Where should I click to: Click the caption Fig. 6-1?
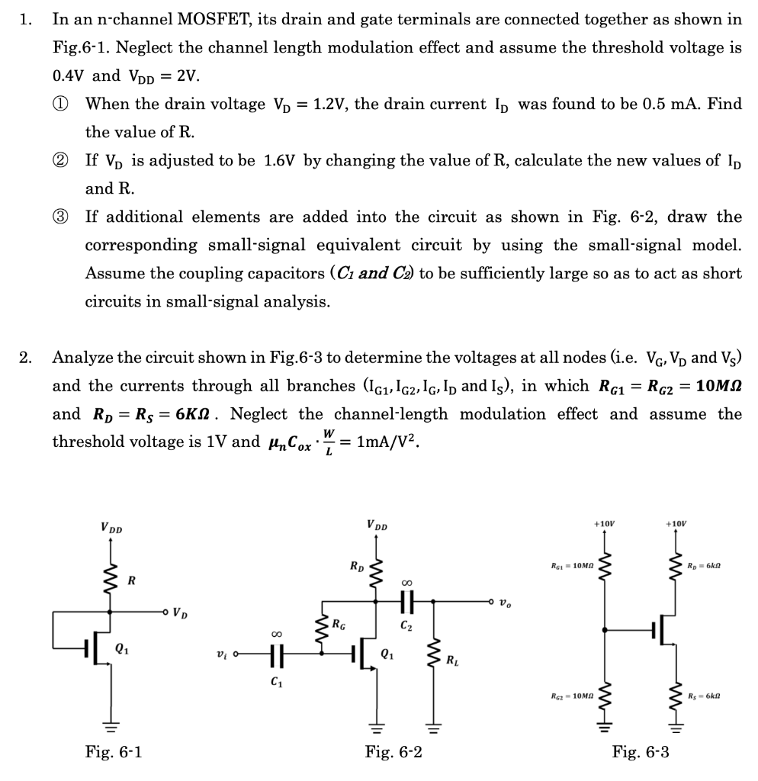(113, 753)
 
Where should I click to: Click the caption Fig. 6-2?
(393, 753)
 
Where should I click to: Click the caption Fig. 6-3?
(641, 753)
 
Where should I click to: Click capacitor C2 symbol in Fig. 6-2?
(405, 601)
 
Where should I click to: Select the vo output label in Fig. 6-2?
(504, 603)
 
